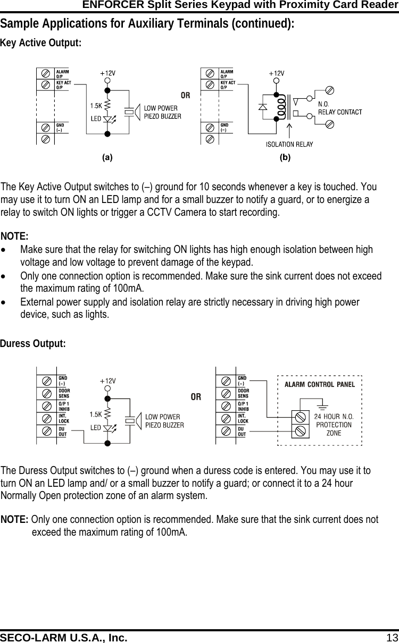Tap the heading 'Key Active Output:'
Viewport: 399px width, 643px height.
[x=41, y=43]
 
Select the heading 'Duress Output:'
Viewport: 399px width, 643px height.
[x=33, y=344]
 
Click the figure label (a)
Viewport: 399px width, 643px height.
[x=107, y=157]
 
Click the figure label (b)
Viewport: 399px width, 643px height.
[x=285, y=157]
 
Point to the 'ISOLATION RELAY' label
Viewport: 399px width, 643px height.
[x=289, y=144]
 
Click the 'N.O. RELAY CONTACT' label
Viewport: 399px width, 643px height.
[x=339, y=108]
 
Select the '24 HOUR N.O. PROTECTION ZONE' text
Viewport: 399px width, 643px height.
[x=334, y=425]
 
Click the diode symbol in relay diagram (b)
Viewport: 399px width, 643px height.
[x=262, y=107]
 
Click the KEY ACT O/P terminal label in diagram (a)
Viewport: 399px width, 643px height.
[x=63, y=85]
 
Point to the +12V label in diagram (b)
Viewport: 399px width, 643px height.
[x=276, y=73]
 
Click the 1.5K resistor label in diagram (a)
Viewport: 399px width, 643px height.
[x=96, y=105]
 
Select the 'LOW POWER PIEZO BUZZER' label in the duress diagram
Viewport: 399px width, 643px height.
[x=164, y=421]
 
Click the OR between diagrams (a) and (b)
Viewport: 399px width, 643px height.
[x=185, y=96]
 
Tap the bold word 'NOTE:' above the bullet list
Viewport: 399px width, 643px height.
[x=14, y=236]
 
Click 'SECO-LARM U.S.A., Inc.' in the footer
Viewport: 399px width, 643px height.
[x=64, y=637]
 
